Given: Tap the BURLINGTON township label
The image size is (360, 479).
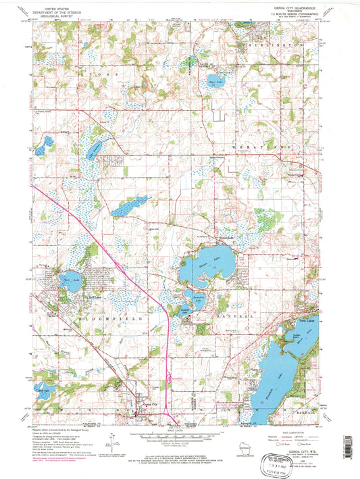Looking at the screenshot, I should tap(277, 42).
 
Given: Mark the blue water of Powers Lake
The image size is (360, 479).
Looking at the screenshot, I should tap(206, 266).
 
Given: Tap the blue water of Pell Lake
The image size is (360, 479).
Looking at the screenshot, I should tap(70, 284).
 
